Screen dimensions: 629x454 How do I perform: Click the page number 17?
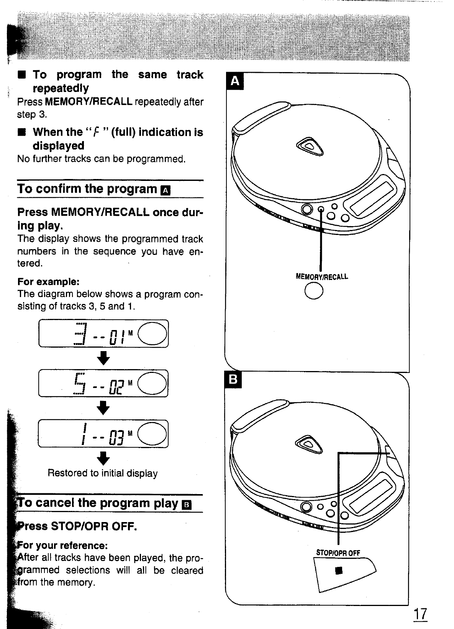click(420, 614)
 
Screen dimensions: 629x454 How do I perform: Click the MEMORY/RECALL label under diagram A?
click(322, 276)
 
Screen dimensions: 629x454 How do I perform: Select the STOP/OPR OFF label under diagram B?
click(338, 553)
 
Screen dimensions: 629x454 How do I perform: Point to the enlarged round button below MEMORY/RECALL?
click(314, 291)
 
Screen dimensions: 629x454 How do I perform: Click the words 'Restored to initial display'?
click(103, 473)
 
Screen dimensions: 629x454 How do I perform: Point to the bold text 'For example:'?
click(48, 282)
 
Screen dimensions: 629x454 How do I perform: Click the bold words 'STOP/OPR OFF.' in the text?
click(94, 526)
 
